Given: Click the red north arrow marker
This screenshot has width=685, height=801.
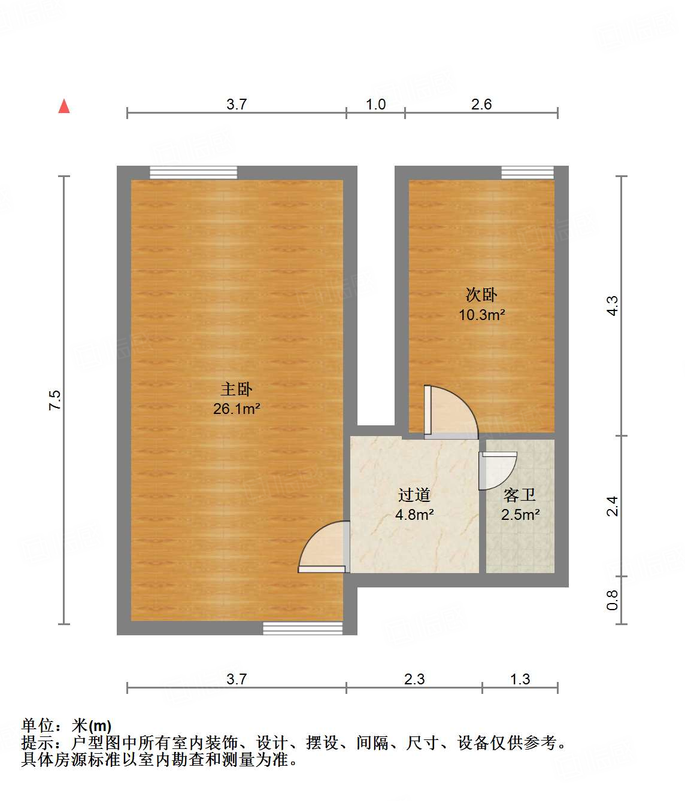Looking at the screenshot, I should coord(64,106).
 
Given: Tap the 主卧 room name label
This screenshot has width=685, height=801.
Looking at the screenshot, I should coord(236,389).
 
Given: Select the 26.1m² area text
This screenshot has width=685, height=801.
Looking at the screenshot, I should coord(236,409).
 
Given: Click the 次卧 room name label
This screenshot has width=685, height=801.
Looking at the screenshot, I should coord(481,294).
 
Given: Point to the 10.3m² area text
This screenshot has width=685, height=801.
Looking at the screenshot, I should coord(481,315).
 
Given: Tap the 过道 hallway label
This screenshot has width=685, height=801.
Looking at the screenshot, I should coord(414,495).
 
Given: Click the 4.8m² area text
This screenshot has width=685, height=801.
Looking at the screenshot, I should coord(414,514).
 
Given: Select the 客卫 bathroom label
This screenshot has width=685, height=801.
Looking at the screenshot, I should coord(519,495).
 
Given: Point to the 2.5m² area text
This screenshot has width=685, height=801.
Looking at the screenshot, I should coord(520,514).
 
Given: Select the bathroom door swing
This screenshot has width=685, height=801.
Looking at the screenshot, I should coord(497,470).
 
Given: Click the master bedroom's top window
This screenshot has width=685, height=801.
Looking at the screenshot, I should coord(193,172).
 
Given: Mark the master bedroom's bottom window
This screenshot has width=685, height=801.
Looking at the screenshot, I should coord(302,628).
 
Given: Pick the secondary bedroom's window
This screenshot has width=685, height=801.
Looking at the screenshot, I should coord(527,172).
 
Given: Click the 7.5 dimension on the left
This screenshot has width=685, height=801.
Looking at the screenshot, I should coord(55,400).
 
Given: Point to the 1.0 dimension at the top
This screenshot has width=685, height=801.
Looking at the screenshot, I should coord(375,105).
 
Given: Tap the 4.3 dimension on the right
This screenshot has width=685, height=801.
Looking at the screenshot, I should coord(612,306).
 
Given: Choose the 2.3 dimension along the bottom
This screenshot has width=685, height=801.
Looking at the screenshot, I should coord(414,679).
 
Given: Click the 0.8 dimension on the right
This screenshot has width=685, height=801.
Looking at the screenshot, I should coord(612,600).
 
